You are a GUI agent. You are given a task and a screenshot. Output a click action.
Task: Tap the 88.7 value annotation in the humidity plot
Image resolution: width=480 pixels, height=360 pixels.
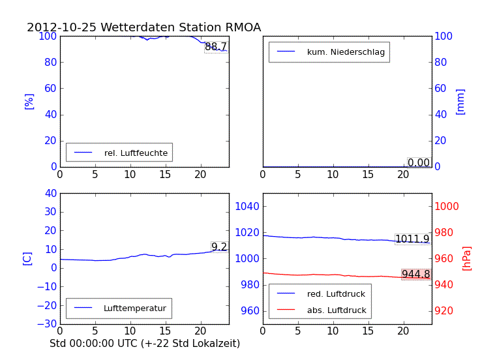coord(216,47)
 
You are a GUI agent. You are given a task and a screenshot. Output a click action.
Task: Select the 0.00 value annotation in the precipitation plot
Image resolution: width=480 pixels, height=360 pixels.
coord(419,163)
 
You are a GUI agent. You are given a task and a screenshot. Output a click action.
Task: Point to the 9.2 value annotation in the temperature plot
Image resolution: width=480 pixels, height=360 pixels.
coord(219,247)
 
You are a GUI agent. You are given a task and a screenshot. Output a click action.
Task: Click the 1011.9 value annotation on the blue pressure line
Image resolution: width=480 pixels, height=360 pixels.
coord(412,239)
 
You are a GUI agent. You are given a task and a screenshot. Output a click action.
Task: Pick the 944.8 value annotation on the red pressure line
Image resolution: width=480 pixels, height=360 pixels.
coord(415,275)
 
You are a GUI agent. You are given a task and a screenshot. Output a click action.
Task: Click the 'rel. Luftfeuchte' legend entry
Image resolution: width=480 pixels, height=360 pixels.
coord(136,153)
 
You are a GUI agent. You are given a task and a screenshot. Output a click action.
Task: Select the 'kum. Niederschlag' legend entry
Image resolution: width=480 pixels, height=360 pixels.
coord(346,52)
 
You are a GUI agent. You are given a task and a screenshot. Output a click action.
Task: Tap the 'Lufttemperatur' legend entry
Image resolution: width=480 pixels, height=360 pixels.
coord(134,308)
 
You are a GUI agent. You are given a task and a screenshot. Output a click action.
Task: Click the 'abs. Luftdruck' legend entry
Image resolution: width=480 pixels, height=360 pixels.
coord(336,310)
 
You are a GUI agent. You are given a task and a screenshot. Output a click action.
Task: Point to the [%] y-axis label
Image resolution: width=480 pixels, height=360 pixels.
coord(29,101)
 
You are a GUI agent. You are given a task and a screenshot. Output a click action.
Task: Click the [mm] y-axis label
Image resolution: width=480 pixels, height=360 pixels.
coord(460,101)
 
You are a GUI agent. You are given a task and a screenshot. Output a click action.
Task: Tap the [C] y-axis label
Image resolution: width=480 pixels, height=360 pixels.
coord(27,258)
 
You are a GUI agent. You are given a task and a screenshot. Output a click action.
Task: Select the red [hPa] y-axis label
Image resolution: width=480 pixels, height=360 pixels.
coord(467,258)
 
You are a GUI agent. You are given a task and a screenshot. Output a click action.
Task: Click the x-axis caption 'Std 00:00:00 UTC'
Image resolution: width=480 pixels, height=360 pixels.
coord(145,343)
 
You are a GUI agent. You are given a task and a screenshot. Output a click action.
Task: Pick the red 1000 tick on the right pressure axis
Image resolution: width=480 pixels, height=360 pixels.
coord(447,206)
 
